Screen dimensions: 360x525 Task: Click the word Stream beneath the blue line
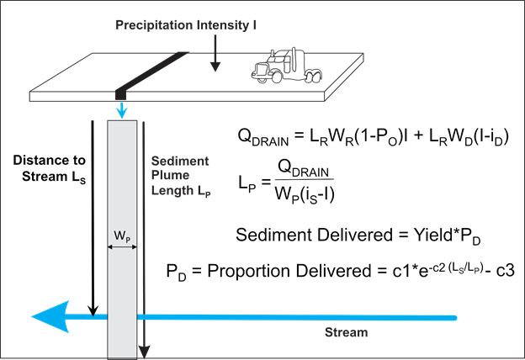click(x=347, y=332)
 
